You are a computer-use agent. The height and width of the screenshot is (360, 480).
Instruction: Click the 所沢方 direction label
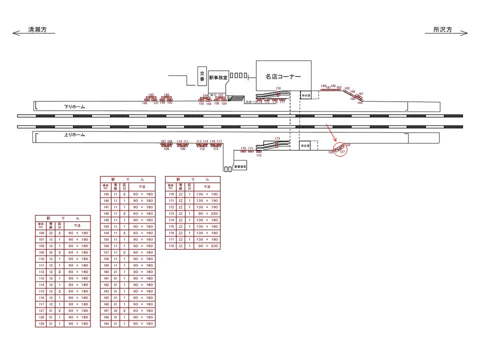442,30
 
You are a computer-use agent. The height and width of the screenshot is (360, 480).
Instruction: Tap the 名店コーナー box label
283,77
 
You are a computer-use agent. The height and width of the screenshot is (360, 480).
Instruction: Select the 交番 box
202,76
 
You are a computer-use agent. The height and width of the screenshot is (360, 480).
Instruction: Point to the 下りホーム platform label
75,106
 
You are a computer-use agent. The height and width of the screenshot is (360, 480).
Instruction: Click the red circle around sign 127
339,149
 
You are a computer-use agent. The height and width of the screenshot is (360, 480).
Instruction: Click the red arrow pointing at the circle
330,132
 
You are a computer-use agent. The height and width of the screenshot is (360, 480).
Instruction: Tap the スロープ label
250,102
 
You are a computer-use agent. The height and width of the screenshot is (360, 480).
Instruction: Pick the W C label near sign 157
212,94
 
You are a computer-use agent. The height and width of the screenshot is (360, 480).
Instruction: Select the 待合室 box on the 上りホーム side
305,145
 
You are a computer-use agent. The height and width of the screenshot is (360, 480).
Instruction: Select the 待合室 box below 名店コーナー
306,95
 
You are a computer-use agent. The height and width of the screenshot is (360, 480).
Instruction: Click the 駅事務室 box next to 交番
218,78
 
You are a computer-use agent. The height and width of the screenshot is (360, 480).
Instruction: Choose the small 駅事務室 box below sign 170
240,166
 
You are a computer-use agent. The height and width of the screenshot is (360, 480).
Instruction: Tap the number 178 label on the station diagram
278,88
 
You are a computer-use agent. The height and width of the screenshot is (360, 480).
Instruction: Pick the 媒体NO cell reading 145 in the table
105,194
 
